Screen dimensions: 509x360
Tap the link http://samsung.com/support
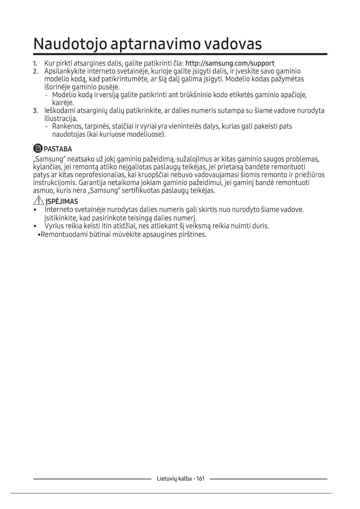[x=230, y=63]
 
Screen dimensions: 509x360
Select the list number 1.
[x=35, y=64]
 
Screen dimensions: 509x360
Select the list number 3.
[x=35, y=111]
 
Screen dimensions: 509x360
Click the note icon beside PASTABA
[x=38, y=149]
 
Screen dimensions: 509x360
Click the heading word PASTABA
[x=58, y=149]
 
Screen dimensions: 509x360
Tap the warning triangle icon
[x=39, y=200]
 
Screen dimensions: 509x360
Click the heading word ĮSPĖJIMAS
[x=62, y=201]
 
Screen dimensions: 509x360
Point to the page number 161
[x=200, y=479]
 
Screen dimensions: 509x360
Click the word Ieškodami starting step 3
[x=60, y=111]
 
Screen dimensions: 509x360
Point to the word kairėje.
[x=63, y=103]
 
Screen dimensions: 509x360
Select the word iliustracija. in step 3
[x=61, y=119]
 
